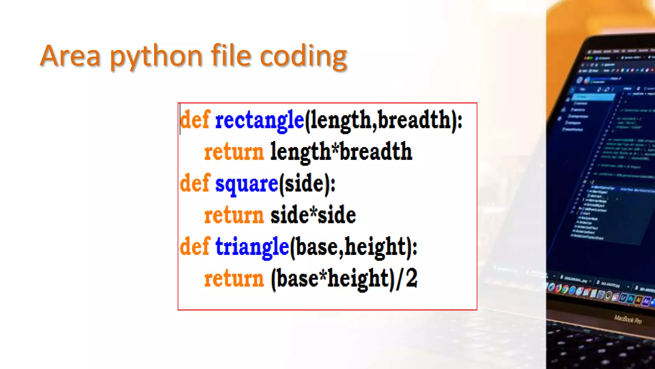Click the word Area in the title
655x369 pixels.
click(x=70, y=56)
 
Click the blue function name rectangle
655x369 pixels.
click(x=259, y=120)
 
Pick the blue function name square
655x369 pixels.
click(x=247, y=184)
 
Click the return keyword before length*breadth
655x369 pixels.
click(x=234, y=152)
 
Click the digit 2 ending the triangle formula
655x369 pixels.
click(x=412, y=278)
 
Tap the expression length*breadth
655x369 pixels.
click(x=341, y=152)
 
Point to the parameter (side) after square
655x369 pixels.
click(x=307, y=184)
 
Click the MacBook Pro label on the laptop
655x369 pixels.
click(x=627, y=319)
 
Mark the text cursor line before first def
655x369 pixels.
click(x=180, y=119)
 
